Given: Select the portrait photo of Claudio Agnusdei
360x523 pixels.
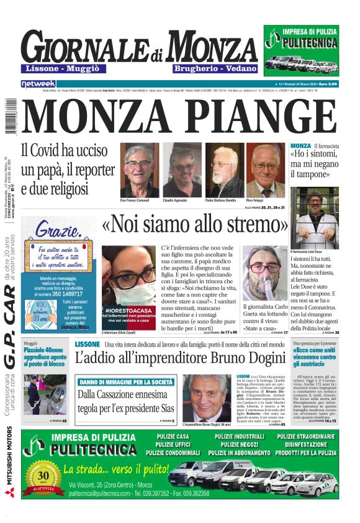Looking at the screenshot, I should [x=182, y=171].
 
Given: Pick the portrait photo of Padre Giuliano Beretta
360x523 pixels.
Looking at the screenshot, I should [x=223, y=171].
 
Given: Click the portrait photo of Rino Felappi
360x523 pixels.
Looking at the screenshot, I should [x=266, y=171].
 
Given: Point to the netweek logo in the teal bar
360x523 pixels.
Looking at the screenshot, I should [x=38, y=83].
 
